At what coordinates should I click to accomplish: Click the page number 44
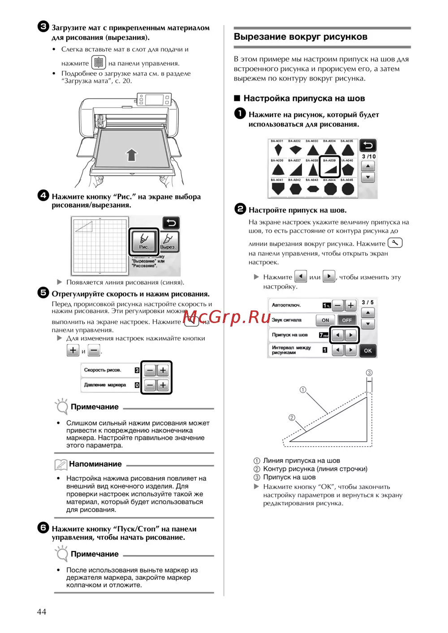(41, 611)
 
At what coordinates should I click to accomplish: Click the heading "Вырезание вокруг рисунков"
(300, 37)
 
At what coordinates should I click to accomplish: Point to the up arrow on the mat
(131, 155)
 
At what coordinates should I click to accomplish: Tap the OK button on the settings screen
(368, 350)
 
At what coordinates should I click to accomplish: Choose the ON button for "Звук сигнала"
(325, 320)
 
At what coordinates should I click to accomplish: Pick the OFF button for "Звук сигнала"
(347, 320)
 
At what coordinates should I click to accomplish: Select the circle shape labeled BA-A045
(348, 189)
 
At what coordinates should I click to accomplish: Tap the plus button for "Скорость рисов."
(163, 370)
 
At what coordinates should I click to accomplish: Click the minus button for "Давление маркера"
(150, 385)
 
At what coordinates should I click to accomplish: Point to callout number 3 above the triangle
(369, 373)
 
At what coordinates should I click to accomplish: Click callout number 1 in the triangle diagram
(303, 390)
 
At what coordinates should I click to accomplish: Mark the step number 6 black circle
(43, 528)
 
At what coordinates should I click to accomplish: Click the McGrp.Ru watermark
(226, 318)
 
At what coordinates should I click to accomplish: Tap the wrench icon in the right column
(395, 243)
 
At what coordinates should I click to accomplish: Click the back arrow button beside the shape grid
(368, 146)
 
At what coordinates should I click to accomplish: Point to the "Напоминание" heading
(95, 464)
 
